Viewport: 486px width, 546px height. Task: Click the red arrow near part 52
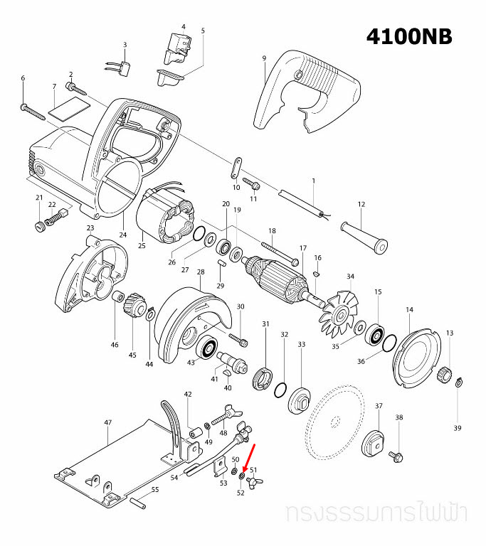(250, 456)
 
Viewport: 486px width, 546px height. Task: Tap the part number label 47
(108, 422)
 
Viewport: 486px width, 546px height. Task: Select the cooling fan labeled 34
(334, 310)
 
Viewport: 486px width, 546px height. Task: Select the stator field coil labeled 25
(165, 217)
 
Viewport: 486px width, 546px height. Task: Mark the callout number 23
(90, 227)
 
